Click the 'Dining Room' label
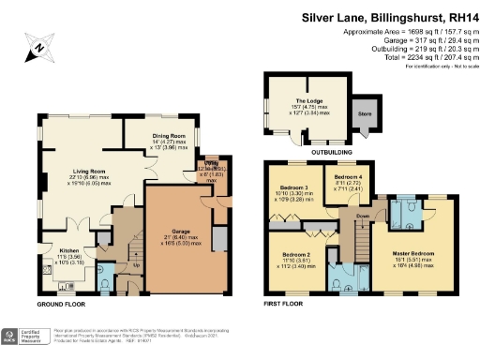pos(170,137)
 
